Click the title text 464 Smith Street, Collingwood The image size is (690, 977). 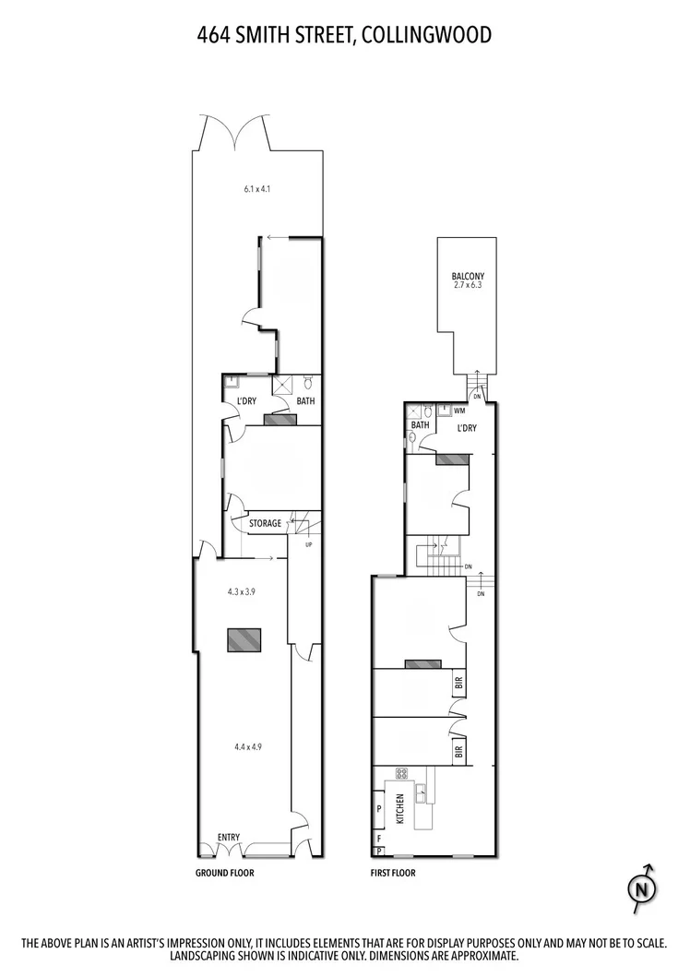click(344, 35)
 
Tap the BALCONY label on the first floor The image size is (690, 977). click(468, 276)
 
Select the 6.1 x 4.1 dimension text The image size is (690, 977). click(256, 189)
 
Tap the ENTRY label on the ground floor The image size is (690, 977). click(229, 837)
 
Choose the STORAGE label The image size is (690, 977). click(266, 523)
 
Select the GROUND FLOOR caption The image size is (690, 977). click(224, 872)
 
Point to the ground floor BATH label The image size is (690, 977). click(305, 401)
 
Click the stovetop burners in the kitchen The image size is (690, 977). click(402, 774)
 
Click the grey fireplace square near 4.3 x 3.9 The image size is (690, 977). click(244, 639)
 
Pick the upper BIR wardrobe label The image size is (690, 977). click(458, 684)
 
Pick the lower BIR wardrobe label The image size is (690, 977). click(458, 751)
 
